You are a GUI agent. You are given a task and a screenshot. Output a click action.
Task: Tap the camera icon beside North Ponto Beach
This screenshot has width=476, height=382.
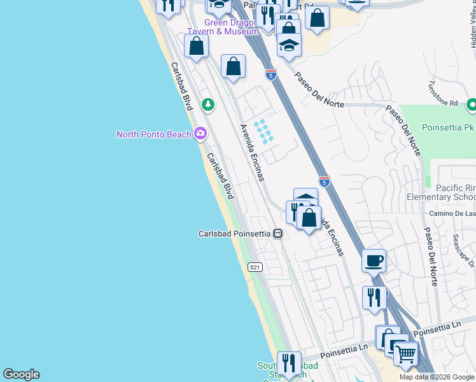201,133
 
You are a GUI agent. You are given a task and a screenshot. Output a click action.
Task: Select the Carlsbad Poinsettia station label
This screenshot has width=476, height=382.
234,234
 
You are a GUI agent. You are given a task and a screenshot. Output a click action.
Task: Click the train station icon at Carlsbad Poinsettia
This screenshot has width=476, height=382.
277,234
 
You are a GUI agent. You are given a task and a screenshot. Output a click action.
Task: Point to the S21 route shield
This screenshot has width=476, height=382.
255,267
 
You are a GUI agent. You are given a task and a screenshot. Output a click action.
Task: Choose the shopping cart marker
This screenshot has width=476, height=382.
405,353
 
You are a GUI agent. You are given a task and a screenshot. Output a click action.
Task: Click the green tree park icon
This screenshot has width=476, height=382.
207,104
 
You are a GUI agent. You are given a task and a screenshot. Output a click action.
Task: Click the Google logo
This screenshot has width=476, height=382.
21,374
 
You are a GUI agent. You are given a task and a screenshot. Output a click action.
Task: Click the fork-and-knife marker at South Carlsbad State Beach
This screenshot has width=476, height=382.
289,363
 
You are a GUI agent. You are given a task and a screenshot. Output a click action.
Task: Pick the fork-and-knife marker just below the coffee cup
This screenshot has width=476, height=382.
374,297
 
